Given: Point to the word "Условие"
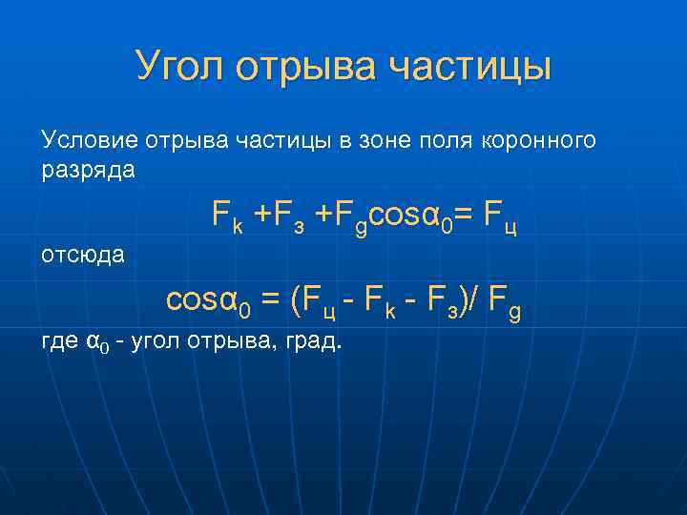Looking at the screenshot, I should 90,141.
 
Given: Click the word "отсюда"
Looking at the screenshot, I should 84,255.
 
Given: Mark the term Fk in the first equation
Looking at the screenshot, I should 229,219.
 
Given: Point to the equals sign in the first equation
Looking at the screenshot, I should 465,217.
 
